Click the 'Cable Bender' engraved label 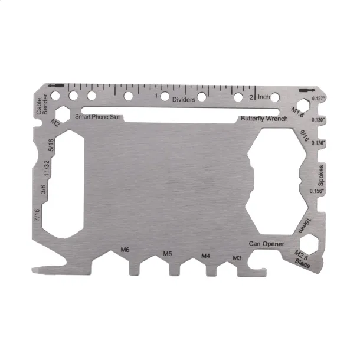point(42,104)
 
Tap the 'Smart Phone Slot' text point(97,117)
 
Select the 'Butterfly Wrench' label point(264,119)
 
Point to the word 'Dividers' point(184,99)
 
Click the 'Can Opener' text point(266,244)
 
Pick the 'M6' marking point(125,250)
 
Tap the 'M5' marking point(168,254)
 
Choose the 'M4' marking point(205,256)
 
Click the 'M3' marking point(237,258)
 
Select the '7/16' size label point(37,215)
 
